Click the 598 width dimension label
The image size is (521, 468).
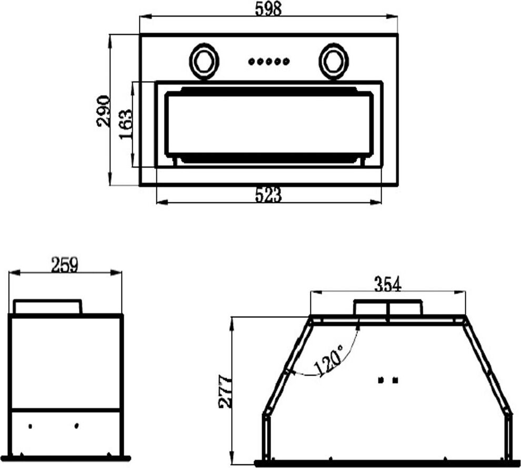pyautogui.click(x=268, y=8)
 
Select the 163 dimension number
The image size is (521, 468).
pyautogui.click(x=126, y=124)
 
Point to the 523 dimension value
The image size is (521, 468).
pyautogui.click(x=268, y=195)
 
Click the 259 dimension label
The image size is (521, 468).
pyautogui.click(x=64, y=265)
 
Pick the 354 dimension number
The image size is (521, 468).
pyautogui.click(x=388, y=284)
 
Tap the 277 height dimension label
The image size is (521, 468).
pyautogui.click(x=225, y=392)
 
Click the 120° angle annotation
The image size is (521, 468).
pyautogui.click(x=328, y=361)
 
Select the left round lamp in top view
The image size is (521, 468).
pyautogui.click(x=204, y=61)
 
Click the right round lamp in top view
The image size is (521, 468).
pyautogui.click(x=334, y=61)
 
